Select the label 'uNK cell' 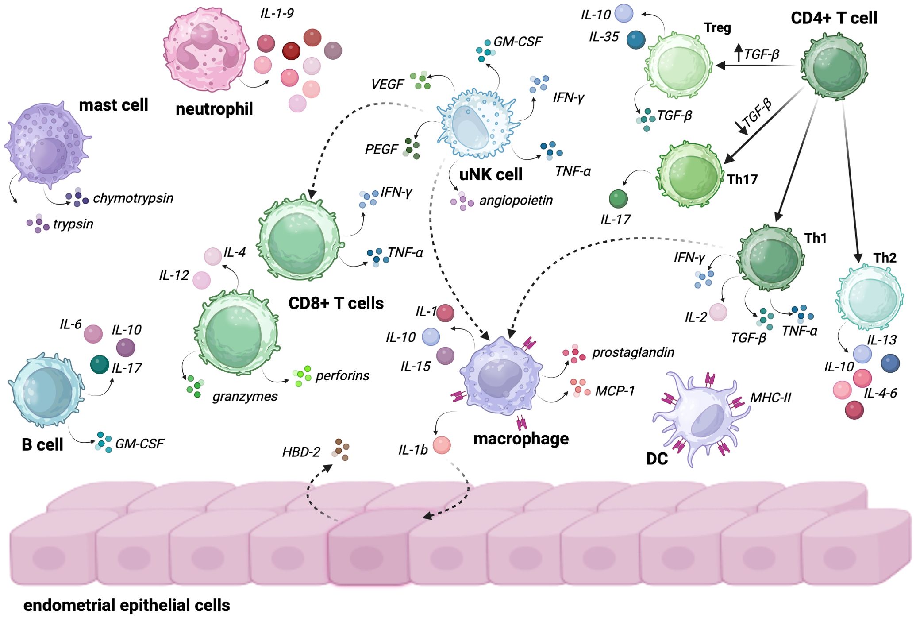(x=491, y=175)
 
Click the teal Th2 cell (x=868, y=297)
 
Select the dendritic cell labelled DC (x=701, y=416)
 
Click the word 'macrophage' (x=521, y=439)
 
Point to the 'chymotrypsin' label (x=133, y=198)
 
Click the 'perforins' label (x=342, y=376)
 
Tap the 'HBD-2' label (x=301, y=452)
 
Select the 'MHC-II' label (x=770, y=398)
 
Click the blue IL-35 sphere (x=636, y=40)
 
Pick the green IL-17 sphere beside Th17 (x=618, y=199)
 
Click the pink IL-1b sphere (x=441, y=445)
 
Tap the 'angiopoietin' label (x=516, y=201)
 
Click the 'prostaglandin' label (x=633, y=352)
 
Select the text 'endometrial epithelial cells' (x=127, y=605)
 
